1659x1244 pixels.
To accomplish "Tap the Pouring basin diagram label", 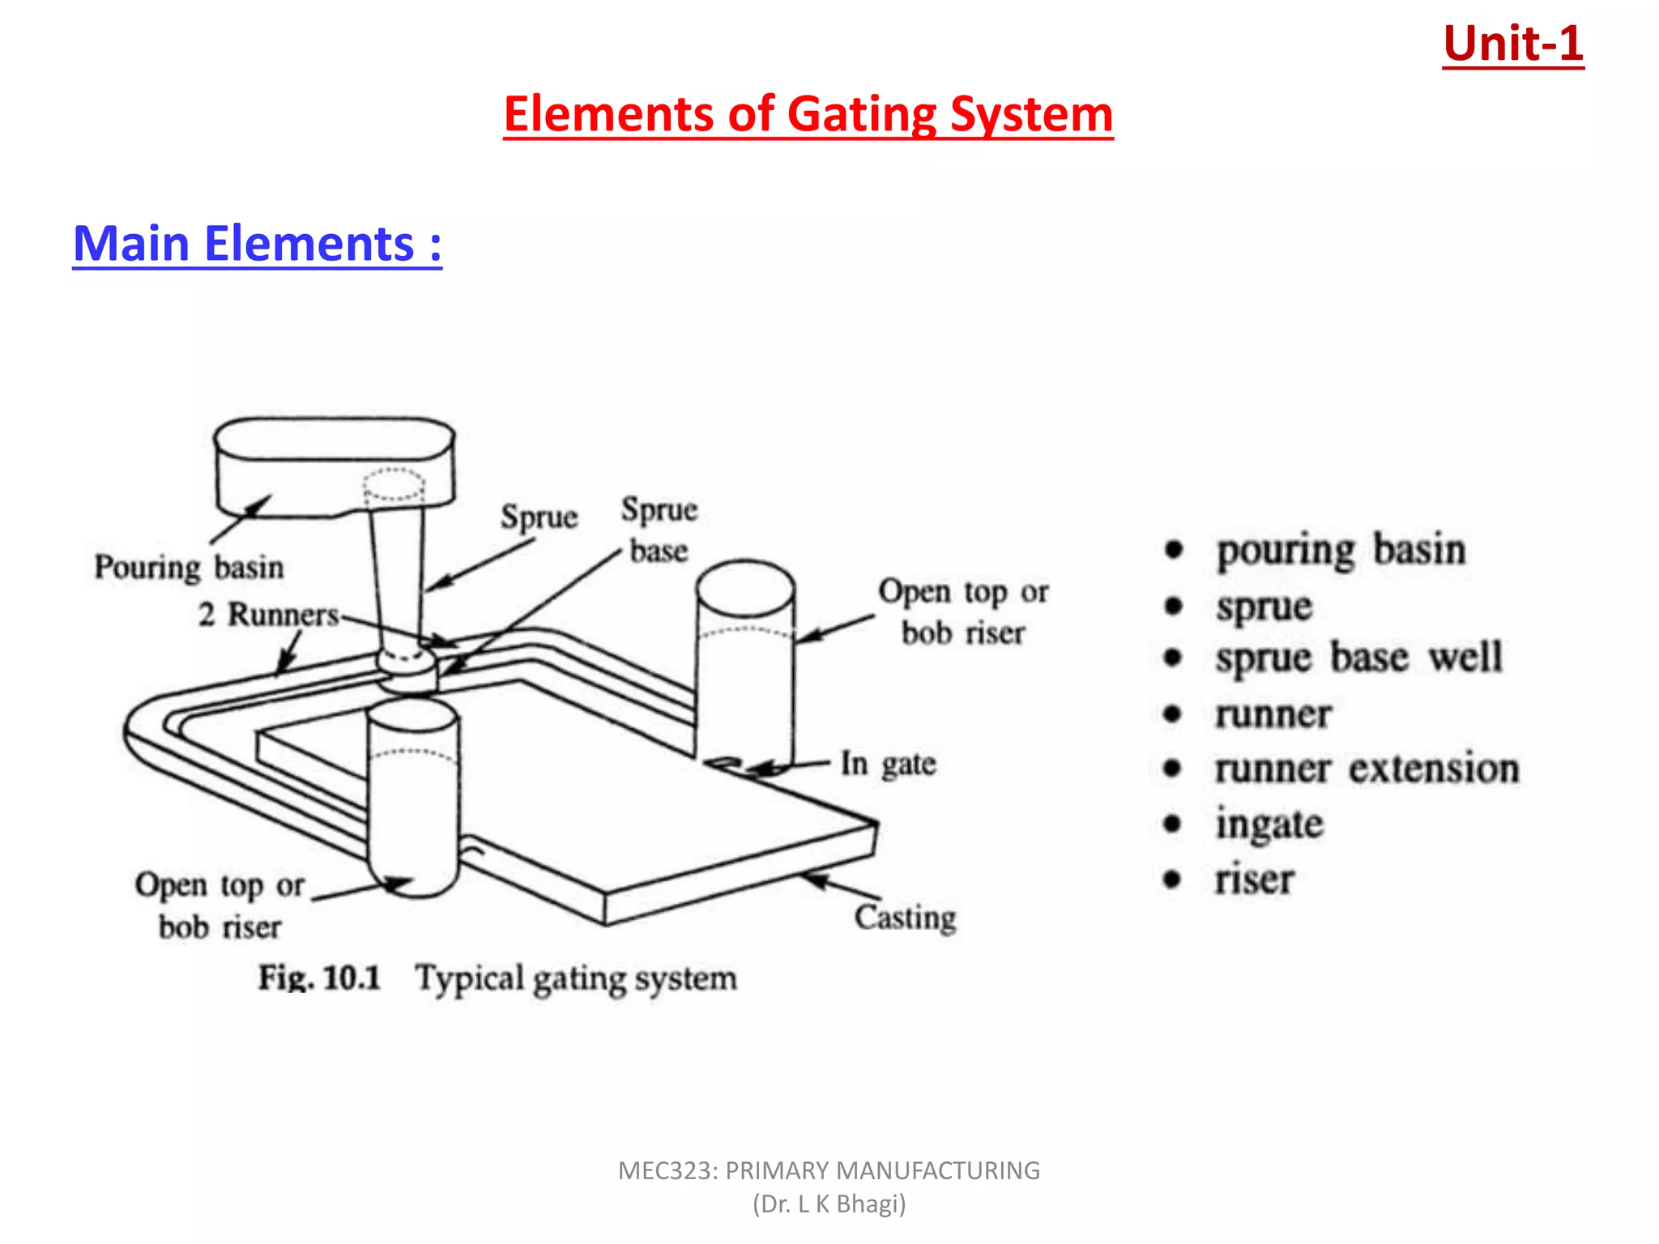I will tap(189, 567).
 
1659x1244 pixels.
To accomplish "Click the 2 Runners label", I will tap(268, 615).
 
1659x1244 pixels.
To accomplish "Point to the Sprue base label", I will tap(659, 530).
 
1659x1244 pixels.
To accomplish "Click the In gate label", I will tap(888, 764).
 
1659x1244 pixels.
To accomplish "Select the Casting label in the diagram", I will tap(905, 918).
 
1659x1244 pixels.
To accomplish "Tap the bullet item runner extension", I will tap(1367, 769).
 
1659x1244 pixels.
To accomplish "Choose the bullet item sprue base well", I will tap(1358, 657).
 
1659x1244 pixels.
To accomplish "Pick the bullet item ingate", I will tap(1269, 824).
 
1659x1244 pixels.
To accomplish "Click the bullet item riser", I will tap(1254, 880).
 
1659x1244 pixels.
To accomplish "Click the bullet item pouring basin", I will tap(1341, 550).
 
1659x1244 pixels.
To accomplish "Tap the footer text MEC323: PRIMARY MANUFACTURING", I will tap(829, 1170).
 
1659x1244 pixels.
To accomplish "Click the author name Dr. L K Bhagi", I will tap(829, 1204).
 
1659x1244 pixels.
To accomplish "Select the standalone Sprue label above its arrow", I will tap(539, 517).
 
